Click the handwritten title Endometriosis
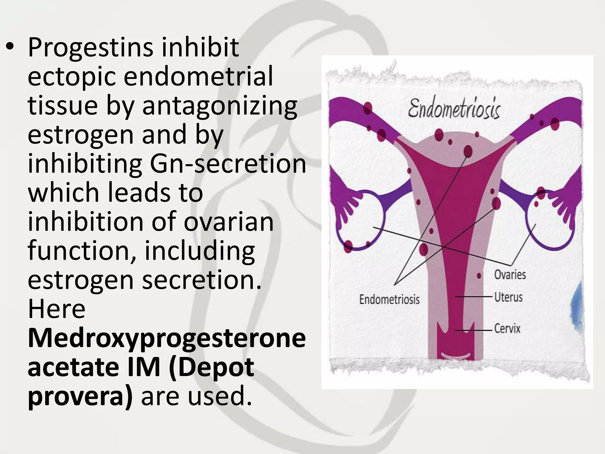tap(454, 109)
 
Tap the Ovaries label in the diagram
tap(510, 275)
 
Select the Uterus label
tap(508, 297)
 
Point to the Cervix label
tap(507, 328)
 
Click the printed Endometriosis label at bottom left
tap(389, 299)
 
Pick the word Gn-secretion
tap(228, 164)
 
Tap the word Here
tap(56, 309)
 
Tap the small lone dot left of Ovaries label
tap(479, 276)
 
